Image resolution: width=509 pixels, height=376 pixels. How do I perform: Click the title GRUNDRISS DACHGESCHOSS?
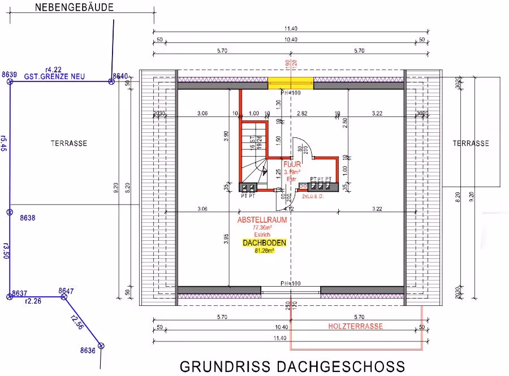pyautogui.click(x=292, y=366)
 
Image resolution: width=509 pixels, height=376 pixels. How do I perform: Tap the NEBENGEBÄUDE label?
pyautogui.click(x=74, y=7)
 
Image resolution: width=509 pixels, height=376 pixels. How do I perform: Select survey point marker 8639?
pyautogui.click(x=10, y=81)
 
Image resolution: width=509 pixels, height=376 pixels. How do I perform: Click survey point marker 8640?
pyautogui.click(x=111, y=81)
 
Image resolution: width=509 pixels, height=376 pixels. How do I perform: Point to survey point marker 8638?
pyautogui.click(x=10, y=212)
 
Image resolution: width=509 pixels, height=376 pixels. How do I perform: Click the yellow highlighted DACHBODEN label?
pyautogui.click(x=264, y=243)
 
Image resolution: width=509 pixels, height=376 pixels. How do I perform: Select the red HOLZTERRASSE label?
pyautogui.click(x=356, y=326)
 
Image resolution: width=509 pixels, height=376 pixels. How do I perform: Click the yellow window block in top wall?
pyautogui.click(x=290, y=83)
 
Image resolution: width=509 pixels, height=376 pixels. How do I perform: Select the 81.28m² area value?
pyautogui.click(x=264, y=250)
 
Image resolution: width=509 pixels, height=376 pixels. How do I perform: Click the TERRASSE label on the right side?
pyautogui.click(x=471, y=144)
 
